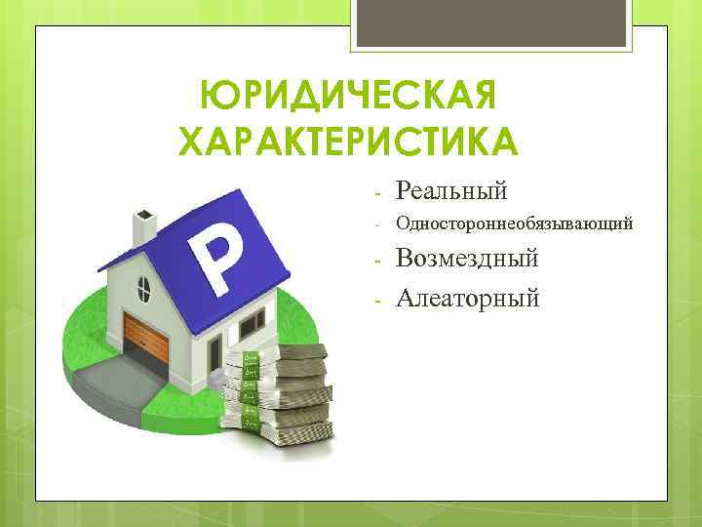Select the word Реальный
451,188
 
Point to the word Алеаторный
467,296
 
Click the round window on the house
144,288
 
